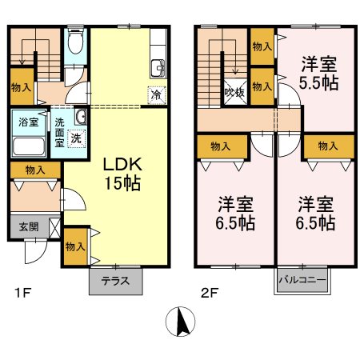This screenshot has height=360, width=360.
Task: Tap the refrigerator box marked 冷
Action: [x=156, y=94]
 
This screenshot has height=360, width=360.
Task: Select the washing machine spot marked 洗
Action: [x=74, y=137]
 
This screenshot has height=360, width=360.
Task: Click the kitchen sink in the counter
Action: [x=158, y=66]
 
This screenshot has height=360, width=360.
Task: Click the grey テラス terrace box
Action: [x=115, y=281]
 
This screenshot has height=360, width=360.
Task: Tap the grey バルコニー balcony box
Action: [x=300, y=281]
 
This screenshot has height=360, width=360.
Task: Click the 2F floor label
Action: [x=209, y=293]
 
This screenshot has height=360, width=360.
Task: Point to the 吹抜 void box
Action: [x=234, y=92]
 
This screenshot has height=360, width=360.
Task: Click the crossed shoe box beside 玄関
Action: [x=53, y=226]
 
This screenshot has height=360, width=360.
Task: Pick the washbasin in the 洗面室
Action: [x=79, y=118]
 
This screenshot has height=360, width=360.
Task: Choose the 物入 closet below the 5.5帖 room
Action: [x=326, y=146]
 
